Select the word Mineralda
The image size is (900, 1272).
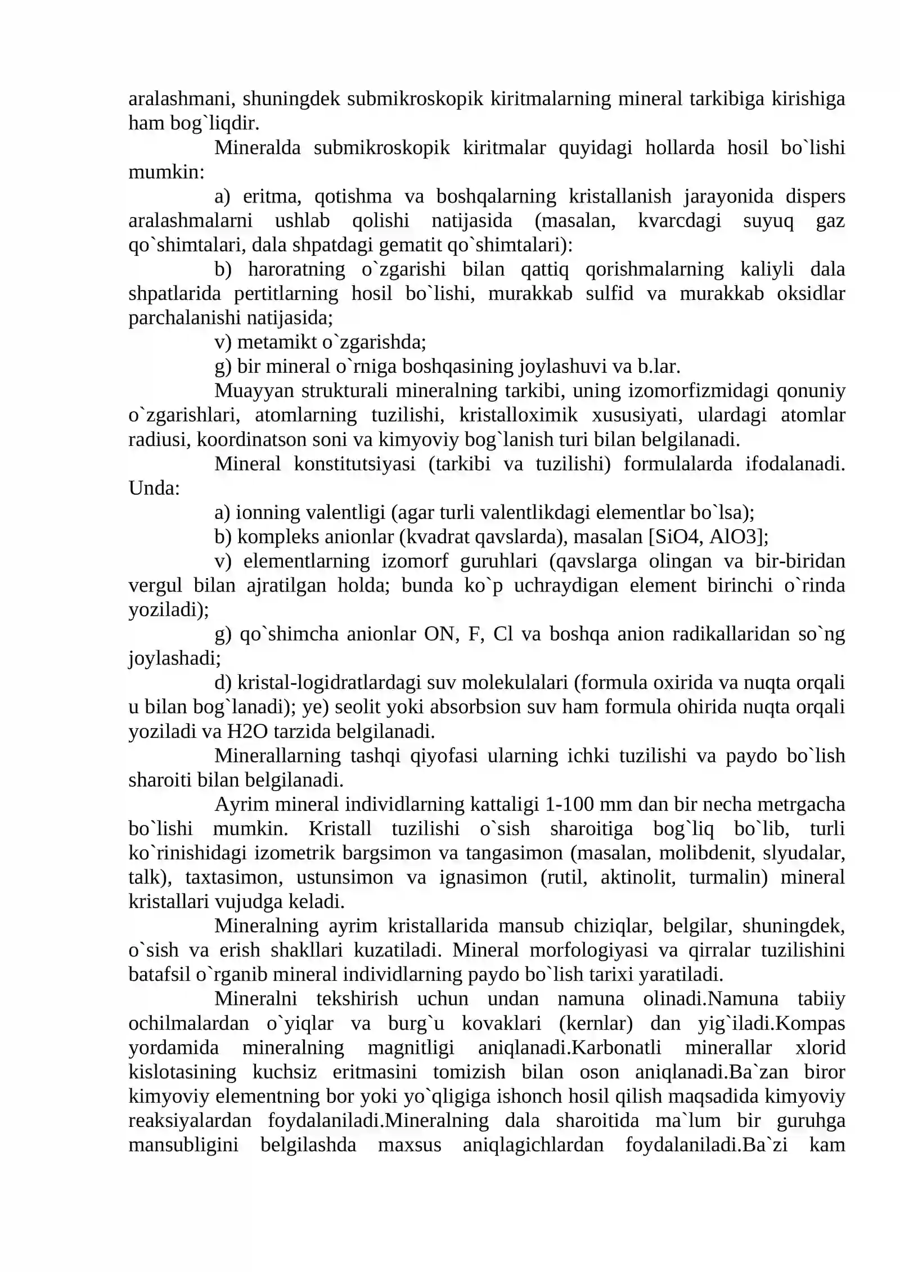257,148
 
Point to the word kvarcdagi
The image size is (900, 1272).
679,221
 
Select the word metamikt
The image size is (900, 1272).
277,342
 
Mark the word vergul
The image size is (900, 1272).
155,585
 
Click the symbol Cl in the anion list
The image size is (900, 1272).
503,634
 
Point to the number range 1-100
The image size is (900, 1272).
569,805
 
